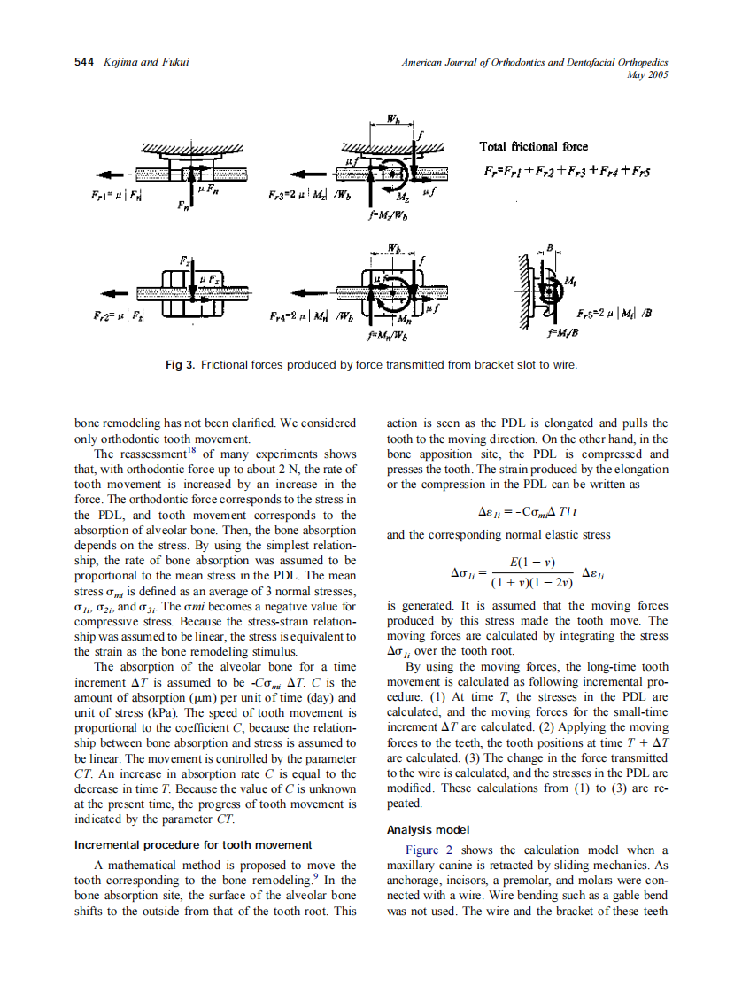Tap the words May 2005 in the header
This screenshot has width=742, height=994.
pyautogui.click(x=646, y=75)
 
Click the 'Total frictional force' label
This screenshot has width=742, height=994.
pyautogui.click(x=533, y=146)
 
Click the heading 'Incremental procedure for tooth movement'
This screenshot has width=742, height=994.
pyautogui.click(x=192, y=844)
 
